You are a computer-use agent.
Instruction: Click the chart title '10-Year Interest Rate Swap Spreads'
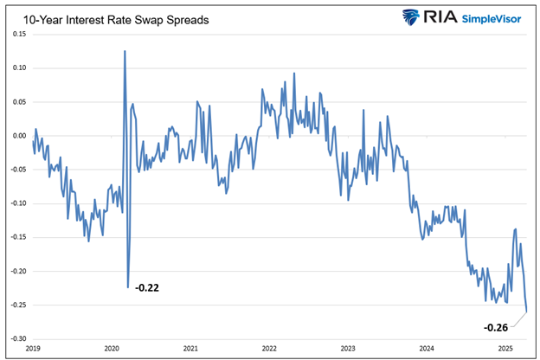click(112, 16)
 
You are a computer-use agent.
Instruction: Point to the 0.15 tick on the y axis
click(19, 34)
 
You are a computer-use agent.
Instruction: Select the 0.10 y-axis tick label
click(19, 67)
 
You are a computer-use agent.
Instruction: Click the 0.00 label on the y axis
click(19, 136)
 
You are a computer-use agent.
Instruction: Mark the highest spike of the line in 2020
click(125, 51)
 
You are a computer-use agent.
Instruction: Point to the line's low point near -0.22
click(128, 286)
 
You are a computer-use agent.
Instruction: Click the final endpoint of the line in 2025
click(527, 312)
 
